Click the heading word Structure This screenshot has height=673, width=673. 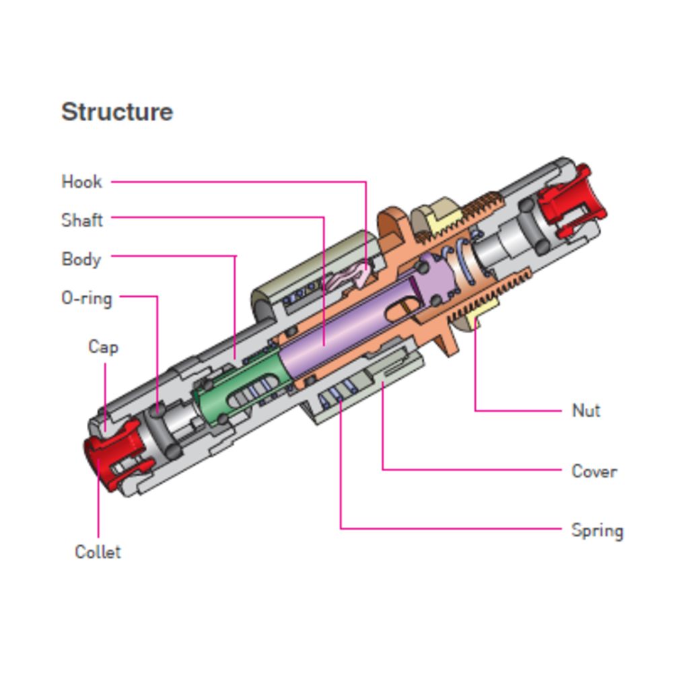click(117, 112)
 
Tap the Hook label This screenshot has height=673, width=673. click(81, 182)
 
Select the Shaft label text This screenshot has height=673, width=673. click(82, 220)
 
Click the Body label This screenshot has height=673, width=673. click(81, 259)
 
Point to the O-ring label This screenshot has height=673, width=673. click(86, 297)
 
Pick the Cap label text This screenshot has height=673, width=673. click(103, 347)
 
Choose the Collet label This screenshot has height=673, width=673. click(98, 552)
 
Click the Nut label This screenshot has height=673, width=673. click(586, 411)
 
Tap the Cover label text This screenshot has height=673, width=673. click(594, 471)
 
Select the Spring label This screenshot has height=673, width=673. click(597, 530)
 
